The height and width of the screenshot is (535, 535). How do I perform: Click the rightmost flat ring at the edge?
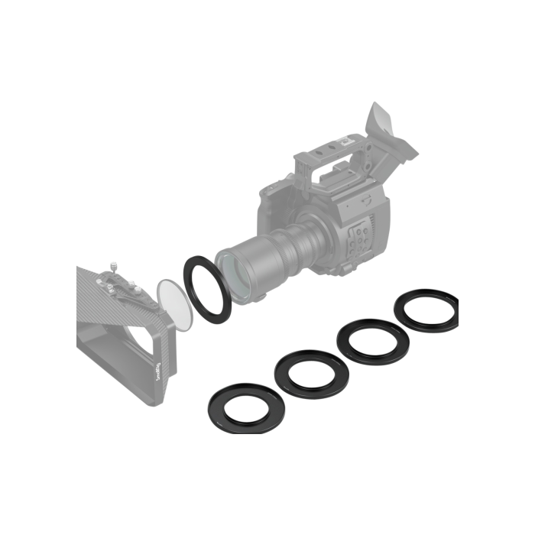424,310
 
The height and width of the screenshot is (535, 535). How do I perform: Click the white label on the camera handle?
345,142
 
